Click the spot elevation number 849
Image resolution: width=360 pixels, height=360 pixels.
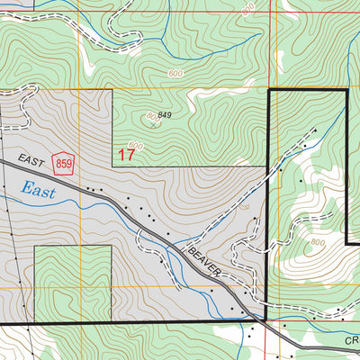point(164,114)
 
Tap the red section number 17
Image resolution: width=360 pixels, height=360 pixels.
point(126,155)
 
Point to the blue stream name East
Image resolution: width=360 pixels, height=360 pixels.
point(39,191)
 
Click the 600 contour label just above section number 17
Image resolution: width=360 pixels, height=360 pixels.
point(136,144)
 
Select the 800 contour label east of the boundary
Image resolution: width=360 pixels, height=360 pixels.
point(317,242)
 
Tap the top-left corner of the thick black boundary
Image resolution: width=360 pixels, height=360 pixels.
point(272,91)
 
